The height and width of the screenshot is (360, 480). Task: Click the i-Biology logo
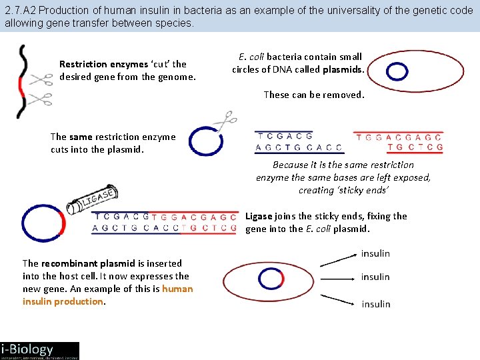(39, 350)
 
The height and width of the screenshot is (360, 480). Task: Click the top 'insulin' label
(375, 253)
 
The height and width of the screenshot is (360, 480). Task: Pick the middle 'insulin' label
(375, 277)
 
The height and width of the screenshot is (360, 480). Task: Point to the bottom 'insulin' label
(376, 304)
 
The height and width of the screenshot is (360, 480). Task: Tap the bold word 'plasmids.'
(343, 69)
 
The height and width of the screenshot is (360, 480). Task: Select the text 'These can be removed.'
(314, 95)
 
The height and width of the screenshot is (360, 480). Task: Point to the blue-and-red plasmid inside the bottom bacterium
(271, 279)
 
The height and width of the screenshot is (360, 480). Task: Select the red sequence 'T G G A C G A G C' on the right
(399, 137)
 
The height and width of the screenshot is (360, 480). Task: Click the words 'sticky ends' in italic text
(365, 190)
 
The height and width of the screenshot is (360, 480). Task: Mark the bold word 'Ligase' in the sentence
(259, 216)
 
